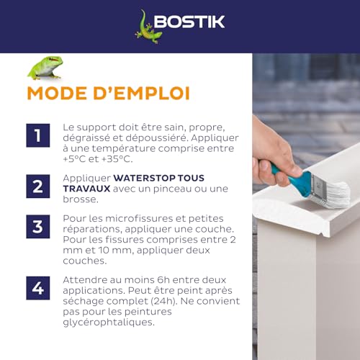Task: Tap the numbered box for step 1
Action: pos(37,135)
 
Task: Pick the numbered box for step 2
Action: pos(37,186)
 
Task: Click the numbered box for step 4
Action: pos(37,287)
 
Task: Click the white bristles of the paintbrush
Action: pos(334,192)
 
